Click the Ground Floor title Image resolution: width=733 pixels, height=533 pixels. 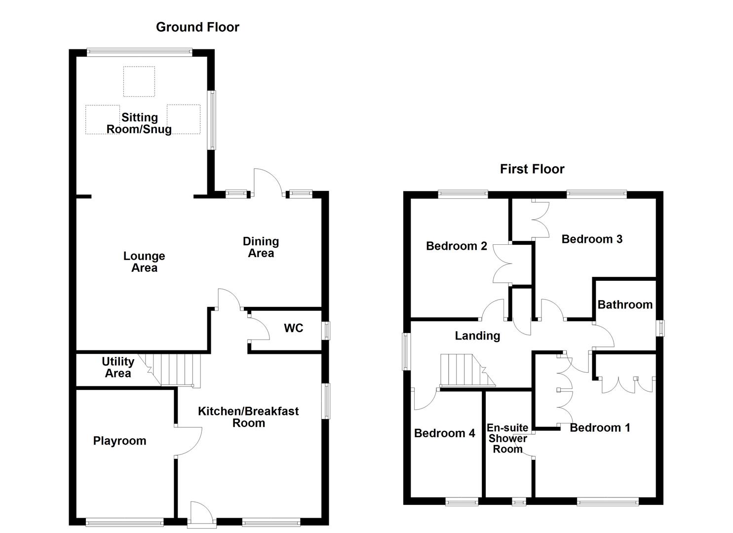(x=197, y=27)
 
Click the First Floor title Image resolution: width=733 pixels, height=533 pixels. (x=532, y=169)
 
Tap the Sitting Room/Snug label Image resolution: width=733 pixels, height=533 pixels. (x=140, y=123)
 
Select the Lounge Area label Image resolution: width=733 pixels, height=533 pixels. (x=144, y=262)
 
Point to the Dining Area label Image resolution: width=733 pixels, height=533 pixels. (x=261, y=247)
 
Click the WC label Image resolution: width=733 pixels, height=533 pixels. (x=293, y=328)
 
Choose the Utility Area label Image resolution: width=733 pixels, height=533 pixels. (x=117, y=368)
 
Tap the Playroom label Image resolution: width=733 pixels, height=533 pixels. (x=119, y=441)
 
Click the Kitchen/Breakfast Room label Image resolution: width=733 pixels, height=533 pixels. (x=248, y=417)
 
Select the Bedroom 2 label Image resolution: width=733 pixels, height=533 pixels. (x=457, y=246)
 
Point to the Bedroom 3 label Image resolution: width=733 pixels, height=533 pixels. (x=592, y=239)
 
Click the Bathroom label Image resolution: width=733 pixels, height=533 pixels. (x=625, y=305)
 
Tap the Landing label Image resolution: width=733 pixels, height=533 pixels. (x=477, y=336)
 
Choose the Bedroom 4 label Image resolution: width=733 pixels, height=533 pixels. (x=444, y=433)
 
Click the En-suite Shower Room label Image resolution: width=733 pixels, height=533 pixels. (x=507, y=438)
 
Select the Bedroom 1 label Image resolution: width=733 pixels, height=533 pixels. (x=600, y=427)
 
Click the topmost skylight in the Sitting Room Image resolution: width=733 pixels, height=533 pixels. (x=139, y=81)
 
